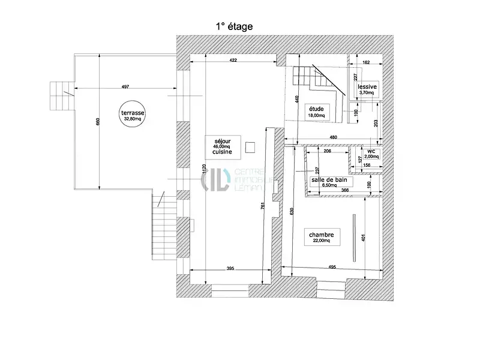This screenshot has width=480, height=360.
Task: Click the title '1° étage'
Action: [234, 26]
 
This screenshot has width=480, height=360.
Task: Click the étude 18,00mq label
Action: [316, 112]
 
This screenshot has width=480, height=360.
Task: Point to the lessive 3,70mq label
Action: [367, 89]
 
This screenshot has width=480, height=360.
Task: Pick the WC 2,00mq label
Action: [372, 154]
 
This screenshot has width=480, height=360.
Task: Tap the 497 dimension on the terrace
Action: [125, 87]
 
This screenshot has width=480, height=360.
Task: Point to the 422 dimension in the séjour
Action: [233, 60]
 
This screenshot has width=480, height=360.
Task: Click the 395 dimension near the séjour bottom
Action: [230, 268]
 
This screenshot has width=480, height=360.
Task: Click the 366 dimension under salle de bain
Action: [344, 190]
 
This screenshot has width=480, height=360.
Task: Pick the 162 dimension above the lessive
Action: [365, 62]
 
